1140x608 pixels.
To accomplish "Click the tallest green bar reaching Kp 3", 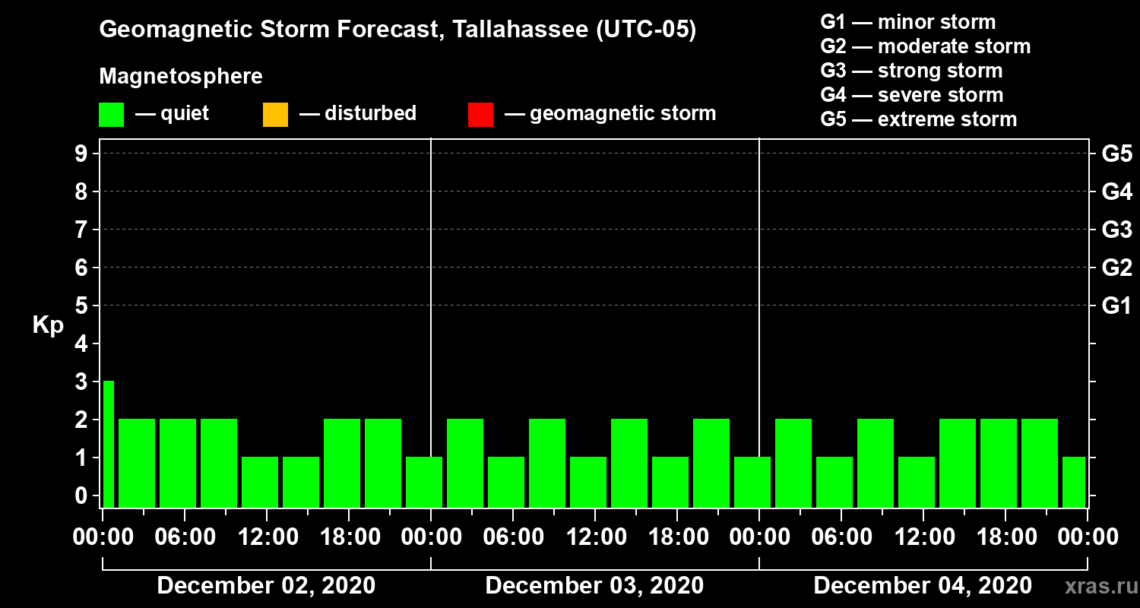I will [108, 444].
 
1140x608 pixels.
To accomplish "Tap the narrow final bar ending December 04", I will [1074, 482].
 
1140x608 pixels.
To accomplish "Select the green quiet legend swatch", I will [111, 114].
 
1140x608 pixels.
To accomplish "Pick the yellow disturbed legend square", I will [275, 114].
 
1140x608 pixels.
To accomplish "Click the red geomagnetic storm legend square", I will [480, 114].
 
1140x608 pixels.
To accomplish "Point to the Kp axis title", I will [48, 325].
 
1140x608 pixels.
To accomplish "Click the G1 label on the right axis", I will [1116, 306].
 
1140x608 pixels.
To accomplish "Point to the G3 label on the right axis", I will [1116, 230].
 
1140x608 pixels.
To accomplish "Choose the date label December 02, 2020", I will [266, 586].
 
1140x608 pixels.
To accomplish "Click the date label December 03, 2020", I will [594, 586].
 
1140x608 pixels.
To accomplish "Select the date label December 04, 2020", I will [923, 586].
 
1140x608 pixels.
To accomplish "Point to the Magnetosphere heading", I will [181, 77].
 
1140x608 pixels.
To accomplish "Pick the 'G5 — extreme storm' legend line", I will [918, 119].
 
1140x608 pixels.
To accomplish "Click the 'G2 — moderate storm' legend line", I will [925, 46].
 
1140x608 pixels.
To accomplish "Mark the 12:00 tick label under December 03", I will [594, 537].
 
